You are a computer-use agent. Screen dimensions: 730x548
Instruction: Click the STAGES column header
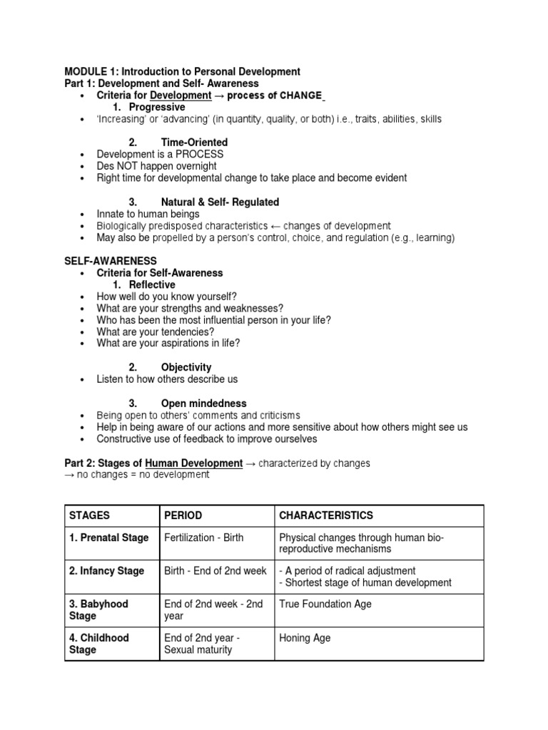click(90, 515)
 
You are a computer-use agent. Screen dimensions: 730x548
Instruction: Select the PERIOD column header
click(183, 515)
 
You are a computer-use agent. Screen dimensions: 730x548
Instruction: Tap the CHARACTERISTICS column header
click(326, 515)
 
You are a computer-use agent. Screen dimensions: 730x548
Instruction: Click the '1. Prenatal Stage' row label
click(109, 538)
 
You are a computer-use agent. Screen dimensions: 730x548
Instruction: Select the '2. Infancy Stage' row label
click(106, 571)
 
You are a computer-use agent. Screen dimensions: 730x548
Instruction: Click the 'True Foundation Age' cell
click(325, 604)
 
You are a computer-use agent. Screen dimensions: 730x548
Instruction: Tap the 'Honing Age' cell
click(305, 638)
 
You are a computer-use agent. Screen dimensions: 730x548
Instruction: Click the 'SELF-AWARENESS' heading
click(111, 262)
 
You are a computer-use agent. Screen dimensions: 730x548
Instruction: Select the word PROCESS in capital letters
click(201, 155)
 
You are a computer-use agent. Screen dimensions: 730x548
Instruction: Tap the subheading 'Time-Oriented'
click(194, 143)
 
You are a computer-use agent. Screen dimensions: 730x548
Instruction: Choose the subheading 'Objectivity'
click(186, 367)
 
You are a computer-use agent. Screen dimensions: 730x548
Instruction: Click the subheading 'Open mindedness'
click(204, 403)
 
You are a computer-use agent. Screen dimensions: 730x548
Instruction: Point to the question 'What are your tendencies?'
click(156, 331)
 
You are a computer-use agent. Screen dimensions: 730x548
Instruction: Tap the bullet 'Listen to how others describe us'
click(167, 379)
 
